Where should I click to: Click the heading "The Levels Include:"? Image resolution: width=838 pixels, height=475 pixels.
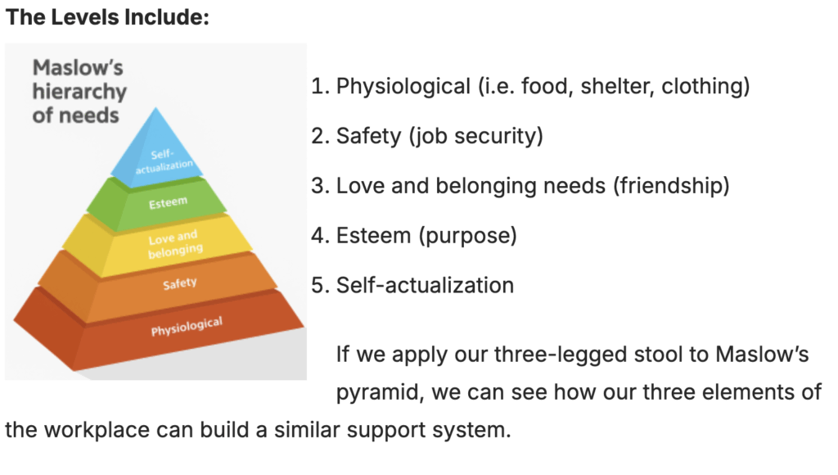(x=107, y=17)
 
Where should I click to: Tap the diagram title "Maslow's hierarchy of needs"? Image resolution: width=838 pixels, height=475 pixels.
(x=79, y=92)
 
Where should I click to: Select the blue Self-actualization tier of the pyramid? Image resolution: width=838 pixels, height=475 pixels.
(x=160, y=156)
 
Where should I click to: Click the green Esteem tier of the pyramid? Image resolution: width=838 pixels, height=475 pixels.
(x=169, y=201)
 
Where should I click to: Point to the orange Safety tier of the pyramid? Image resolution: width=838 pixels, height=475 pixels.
(x=178, y=284)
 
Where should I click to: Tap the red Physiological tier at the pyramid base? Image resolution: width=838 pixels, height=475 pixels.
(x=186, y=328)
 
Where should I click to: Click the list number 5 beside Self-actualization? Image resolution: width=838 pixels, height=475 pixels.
(x=318, y=285)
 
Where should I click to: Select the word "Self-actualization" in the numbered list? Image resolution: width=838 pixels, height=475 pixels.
(x=425, y=285)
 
